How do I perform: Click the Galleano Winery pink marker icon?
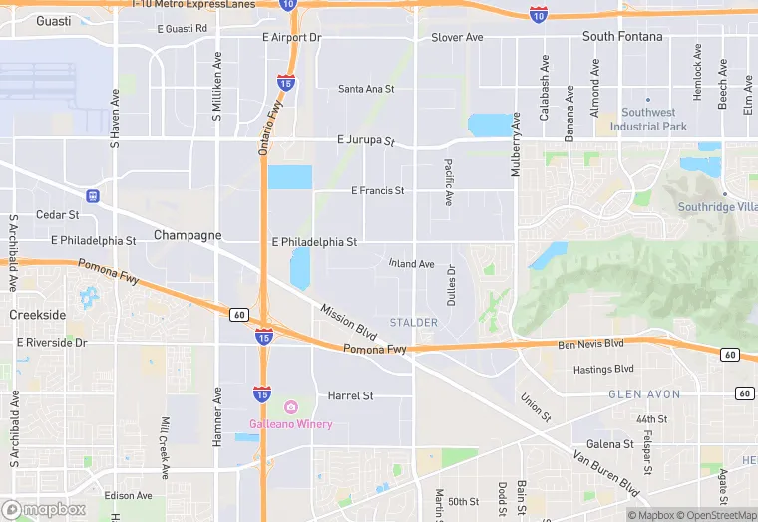tap(291, 407)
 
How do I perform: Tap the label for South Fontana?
tap(622, 37)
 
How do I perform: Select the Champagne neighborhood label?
tap(188, 235)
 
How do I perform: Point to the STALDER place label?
tap(414, 323)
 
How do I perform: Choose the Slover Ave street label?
tap(457, 38)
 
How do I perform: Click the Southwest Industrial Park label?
tap(648, 120)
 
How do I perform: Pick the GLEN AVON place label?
tap(644, 394)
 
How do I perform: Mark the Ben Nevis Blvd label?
tap(590, 344)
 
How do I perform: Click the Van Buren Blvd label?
tap(605, 473)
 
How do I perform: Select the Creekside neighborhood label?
tap(37, 315)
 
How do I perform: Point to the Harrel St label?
tap(350, 395)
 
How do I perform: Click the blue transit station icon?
tap(92, 195)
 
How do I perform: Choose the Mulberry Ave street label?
tap(516, 144)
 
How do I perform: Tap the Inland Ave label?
tap(411, 264)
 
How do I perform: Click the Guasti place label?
tap(53, 21)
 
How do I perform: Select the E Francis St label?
tap(377, 190)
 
